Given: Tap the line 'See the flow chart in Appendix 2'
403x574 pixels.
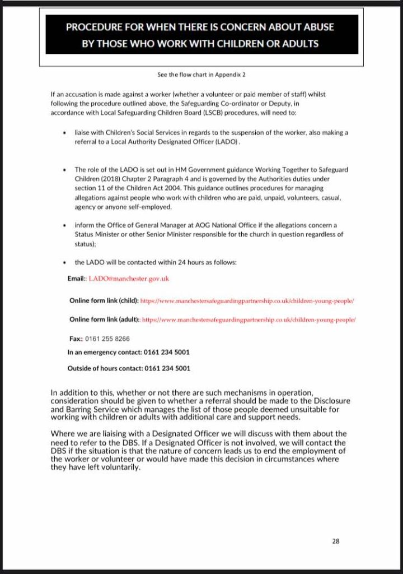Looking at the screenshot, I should click(x=201, y=73).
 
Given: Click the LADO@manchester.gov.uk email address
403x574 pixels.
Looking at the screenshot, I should click(x=129, y=278).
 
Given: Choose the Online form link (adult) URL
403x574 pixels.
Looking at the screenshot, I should click(x=249, y=320).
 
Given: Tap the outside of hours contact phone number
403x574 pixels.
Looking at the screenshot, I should click(x=167, y=368).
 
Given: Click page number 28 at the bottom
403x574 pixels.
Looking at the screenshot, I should click(x=336, y=541).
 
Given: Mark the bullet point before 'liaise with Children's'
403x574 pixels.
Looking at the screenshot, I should click(x=67, y=133).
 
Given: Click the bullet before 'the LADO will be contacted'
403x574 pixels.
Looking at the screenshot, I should click(x=67, y=262).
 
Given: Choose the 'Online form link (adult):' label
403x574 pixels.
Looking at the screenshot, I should click(x=105, y=320).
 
